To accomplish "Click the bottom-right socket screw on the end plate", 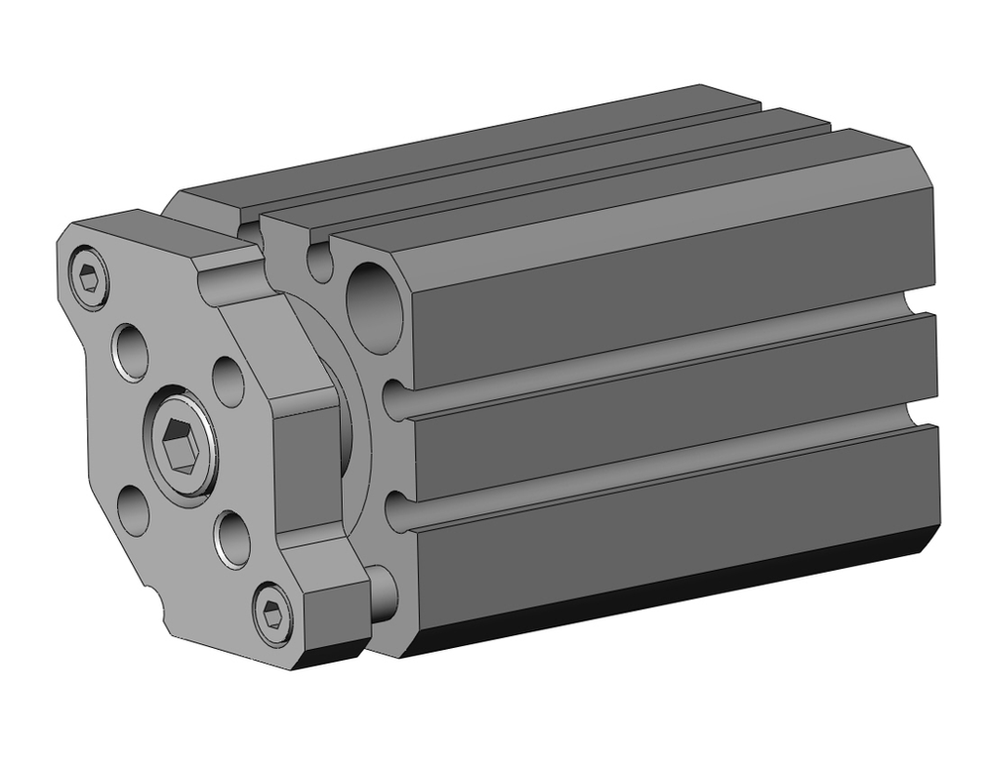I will [273, 614].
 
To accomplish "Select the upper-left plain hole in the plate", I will [131, 350].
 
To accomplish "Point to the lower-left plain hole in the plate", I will [133, 510].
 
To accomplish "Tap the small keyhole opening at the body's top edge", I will [320, 261].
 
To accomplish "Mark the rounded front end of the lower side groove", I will [396, 513].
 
